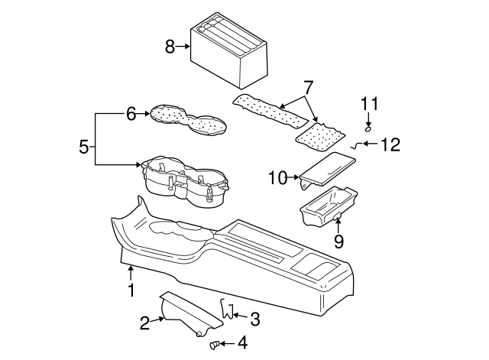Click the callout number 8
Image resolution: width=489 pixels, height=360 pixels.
point(170,47)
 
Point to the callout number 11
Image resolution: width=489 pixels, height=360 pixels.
point(369,104)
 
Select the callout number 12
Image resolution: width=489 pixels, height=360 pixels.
point(390,144)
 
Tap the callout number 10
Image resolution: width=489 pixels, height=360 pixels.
point(277,178)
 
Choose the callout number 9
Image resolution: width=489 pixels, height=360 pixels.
point(338,242)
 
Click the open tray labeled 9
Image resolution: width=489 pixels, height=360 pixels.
point(327,207)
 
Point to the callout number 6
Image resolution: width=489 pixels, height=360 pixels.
point(131,114)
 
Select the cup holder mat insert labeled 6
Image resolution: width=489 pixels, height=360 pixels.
point(186,120)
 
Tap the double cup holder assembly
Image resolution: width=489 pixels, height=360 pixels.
point(185,180)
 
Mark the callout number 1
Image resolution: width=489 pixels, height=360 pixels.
point(131,290)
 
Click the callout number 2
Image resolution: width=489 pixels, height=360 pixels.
point(145,323)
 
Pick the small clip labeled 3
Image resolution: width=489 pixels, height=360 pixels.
point(226,309)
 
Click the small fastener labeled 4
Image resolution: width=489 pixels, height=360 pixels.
point(215,345)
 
